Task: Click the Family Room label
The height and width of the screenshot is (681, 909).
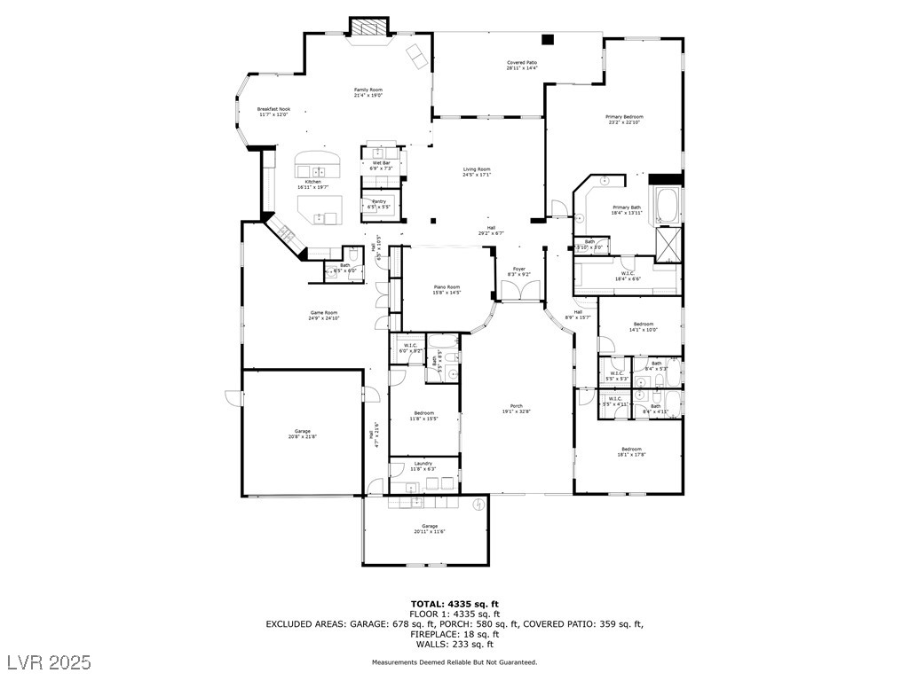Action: click(x=368, y=90)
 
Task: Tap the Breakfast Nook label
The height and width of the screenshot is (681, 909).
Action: click(x=274, y=109)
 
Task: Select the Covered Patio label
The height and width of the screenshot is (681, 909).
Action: click(x=522, y=62)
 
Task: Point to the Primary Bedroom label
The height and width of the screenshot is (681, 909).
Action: click(x=624, y=117)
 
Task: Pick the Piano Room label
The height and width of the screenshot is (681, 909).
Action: click(x=447, y=286)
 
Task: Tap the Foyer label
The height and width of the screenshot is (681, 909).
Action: click(x=518, y=269)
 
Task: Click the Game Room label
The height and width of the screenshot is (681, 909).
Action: click(x=323, y=313)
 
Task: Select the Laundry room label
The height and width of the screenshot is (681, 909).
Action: click(x=423, y=464)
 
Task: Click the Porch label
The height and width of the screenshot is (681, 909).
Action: click(x=516, y=407)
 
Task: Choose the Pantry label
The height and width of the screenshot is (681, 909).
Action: click(x=378, y=202)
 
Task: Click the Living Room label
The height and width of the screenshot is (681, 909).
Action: click(x=477, y=169)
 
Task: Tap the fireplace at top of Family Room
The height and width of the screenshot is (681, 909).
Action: click(x=368, y=28)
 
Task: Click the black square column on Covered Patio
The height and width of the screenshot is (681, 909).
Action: click(x=548, y=39)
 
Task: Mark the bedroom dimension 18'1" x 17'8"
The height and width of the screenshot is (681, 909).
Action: click(x=631, y=455)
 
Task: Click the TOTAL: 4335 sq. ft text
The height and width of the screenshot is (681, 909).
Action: click(x=454, y=604)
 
